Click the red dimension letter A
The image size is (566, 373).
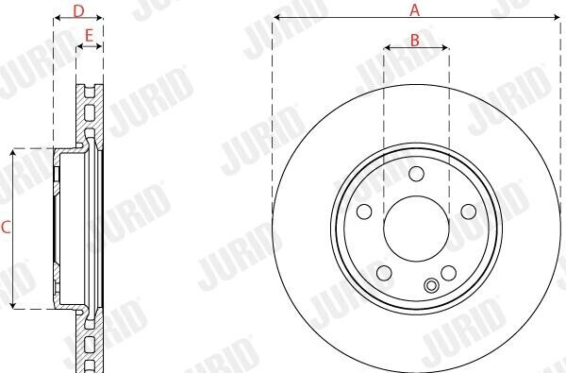tap(415, 9)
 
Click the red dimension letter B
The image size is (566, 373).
tap(415, 40)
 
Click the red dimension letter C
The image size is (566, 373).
tap(6, 228)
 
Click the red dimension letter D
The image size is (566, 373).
tap(78, 11)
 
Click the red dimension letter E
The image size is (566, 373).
tap(89, 36)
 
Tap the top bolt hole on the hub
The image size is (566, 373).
tap(416, 174)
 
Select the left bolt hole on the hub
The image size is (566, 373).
tap(364, 212)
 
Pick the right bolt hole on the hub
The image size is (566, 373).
tap(469, 212)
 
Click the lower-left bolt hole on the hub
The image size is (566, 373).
tap(384, 273)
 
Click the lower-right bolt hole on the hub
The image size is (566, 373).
tap(448, 273)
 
